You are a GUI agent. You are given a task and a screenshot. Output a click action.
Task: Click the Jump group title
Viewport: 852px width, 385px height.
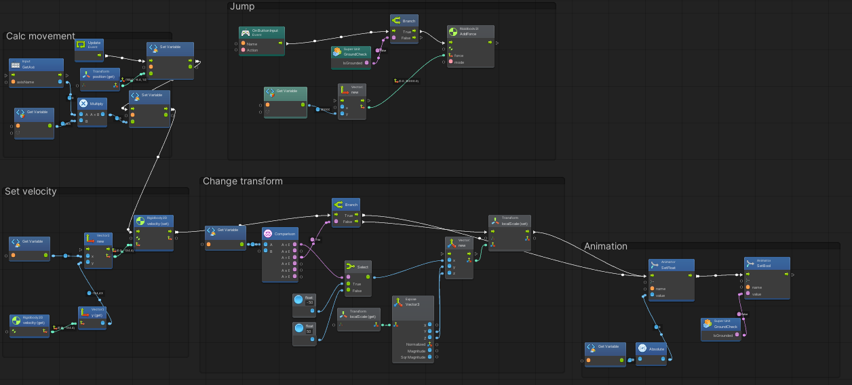click(x=242, y=6)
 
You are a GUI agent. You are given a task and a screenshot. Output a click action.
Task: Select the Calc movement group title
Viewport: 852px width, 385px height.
click(x=41, y=36)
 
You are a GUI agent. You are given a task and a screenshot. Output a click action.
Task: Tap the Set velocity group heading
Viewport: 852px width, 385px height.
click(x=31, y=191)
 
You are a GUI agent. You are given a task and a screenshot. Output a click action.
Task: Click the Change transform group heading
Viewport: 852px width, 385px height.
click(x=242, y=181)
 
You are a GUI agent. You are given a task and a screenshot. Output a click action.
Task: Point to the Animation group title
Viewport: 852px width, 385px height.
click(x=606, y=246)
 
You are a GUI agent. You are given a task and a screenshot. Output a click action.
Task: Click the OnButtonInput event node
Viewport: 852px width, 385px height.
click(x=262, y=33)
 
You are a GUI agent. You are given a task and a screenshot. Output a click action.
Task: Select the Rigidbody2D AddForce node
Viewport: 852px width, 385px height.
click(x=471, y=32)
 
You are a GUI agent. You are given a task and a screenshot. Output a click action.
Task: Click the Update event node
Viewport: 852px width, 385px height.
click(x=94, y=45)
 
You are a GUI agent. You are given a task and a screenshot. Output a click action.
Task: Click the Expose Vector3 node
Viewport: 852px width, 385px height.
click(x=411, y=302)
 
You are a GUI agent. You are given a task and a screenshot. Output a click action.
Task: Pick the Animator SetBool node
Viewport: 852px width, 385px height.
click(x=767, y=264)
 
